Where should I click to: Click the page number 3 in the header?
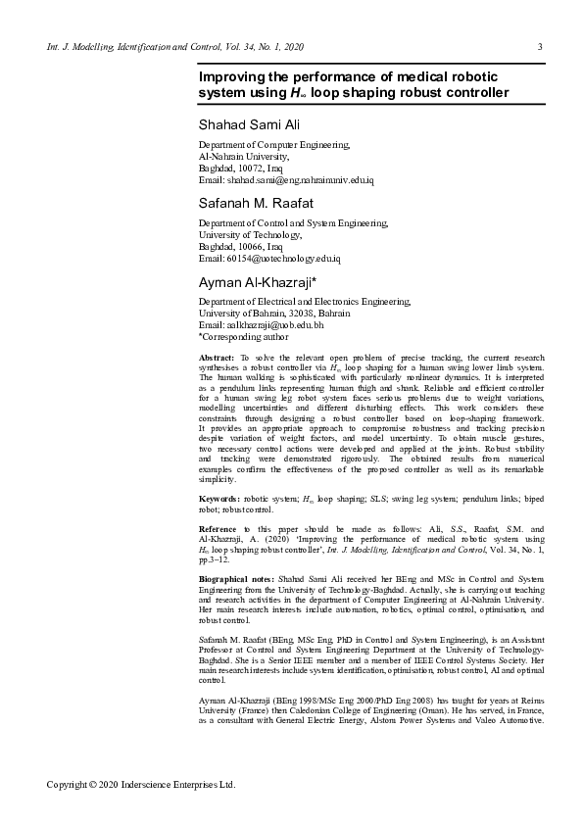541,47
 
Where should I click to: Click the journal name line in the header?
175,47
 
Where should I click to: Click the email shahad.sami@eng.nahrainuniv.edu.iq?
299,180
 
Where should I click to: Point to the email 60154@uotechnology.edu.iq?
282,259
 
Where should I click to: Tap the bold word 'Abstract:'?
217,360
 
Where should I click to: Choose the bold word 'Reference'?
220,530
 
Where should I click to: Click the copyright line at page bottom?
143,784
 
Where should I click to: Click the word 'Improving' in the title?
233,75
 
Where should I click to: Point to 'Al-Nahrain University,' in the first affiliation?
244,157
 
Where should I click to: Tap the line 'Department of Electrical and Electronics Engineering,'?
305,302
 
